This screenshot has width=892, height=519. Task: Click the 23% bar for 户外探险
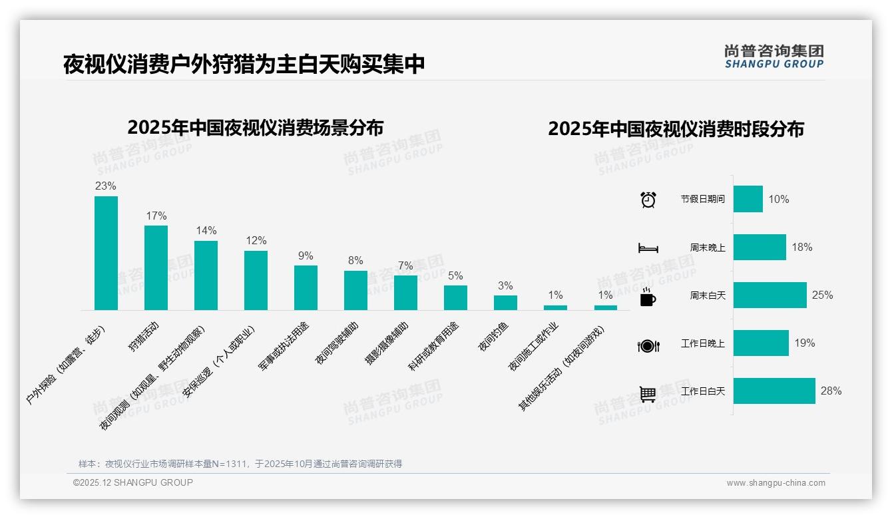(x=106, y=253)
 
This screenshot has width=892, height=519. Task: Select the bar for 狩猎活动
(x=156, y=267)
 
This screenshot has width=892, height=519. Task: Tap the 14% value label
(x=206, y=231)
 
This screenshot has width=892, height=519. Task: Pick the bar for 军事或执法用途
(x=306, y=287)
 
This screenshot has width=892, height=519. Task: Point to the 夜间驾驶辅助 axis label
(x=337, y=343)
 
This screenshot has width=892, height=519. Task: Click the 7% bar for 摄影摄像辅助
(x=405, y=293)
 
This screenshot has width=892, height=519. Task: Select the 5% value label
(x=455, y=275)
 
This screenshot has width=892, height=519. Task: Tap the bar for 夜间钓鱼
(x=505, y=303)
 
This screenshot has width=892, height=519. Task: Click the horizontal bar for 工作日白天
(x=774, y=391)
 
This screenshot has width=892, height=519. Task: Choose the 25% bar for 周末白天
(x=770, y=295)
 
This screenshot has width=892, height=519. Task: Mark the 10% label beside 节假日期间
(x=778, y=199)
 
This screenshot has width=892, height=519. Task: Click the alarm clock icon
(x=648, y=199)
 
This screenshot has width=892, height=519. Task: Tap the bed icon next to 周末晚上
(x=648, y=248)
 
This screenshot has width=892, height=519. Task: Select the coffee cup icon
(x=648, y=297)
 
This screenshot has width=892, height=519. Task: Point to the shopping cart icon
(x=648, y=394)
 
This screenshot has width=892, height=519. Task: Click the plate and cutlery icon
(x=648, y=345)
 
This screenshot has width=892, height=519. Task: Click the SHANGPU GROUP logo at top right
(x=774, y=57)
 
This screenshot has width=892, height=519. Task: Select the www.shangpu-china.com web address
(x=776, y=483)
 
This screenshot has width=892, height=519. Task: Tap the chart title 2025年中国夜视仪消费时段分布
(x=676, y=129)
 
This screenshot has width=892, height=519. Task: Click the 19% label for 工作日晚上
(x=804, y=343)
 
